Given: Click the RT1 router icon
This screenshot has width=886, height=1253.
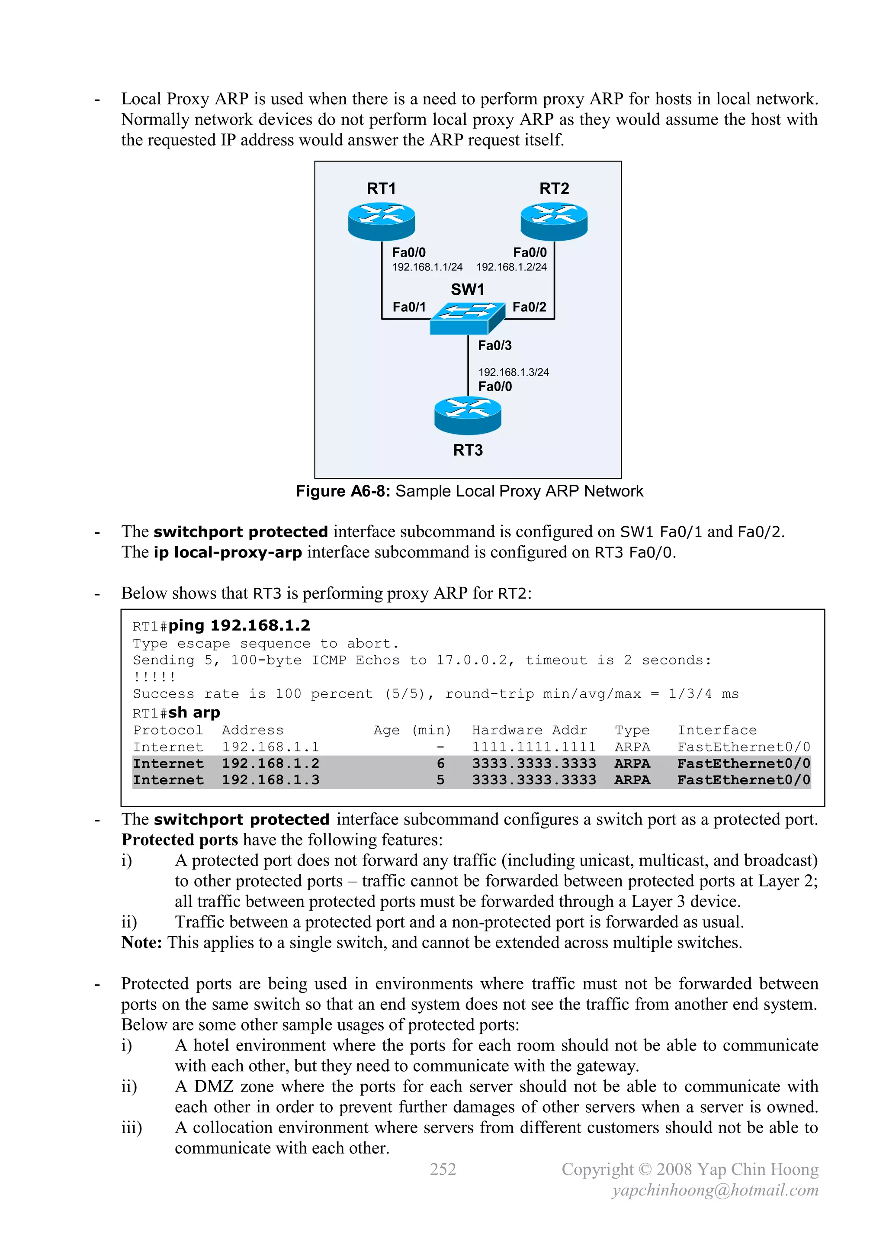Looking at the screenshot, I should coord(381,221).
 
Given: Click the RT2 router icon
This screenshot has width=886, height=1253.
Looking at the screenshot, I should coord(554,221).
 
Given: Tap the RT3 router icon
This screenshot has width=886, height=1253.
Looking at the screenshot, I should coord(468,416).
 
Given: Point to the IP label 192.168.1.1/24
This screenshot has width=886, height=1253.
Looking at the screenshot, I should coord(427,267).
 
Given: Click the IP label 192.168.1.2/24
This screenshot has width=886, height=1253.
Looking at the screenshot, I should coord(511,267).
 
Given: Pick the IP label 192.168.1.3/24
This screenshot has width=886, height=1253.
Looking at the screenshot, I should coord(514,372).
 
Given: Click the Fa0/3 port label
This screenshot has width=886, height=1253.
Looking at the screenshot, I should coord(494,345).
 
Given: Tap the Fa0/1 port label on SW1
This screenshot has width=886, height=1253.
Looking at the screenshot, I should coord(409,307).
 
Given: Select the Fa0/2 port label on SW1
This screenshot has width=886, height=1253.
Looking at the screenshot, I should coord(529,307).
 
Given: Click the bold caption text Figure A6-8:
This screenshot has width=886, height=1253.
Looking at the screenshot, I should coord(343,491).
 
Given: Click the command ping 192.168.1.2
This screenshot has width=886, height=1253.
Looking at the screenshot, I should coord(239,625).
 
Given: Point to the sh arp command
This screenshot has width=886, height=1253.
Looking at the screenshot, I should coord(194,713).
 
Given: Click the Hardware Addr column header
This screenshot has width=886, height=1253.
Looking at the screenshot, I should coord(529,730).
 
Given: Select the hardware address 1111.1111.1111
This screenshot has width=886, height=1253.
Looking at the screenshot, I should coord(533,747).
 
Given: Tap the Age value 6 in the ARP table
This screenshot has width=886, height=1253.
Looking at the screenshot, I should coord(440,763).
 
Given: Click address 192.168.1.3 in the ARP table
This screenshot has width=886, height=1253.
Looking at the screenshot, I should coord(270,780).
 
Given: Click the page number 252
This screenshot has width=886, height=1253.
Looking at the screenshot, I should coord(443,1169).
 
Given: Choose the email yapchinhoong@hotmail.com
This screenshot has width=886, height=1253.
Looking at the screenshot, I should coord(715,1190).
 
